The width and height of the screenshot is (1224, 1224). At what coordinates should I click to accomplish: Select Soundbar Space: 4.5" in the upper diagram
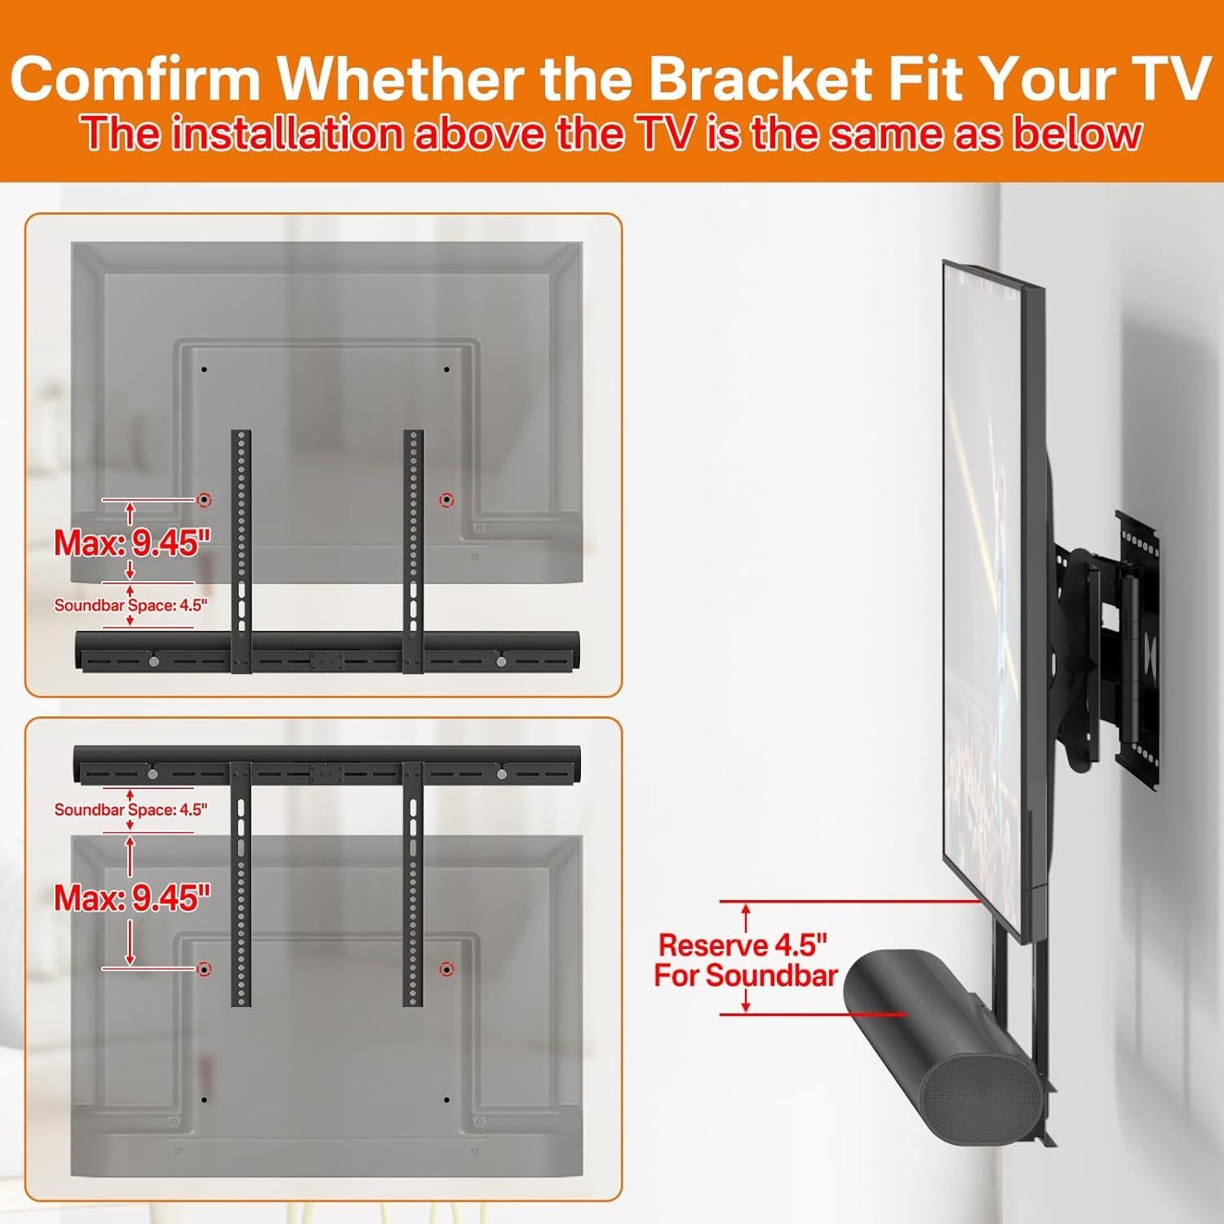131,605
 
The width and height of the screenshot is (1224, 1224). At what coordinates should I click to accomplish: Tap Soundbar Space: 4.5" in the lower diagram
131,809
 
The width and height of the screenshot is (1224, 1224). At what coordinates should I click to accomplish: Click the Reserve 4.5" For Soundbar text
745,960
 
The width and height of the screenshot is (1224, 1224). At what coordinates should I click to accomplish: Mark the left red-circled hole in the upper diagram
205,499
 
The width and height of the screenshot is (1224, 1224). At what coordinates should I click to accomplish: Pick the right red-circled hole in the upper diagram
446,499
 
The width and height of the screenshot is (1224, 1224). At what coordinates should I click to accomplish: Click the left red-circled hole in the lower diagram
205,969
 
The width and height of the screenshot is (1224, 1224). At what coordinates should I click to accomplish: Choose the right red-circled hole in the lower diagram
446,969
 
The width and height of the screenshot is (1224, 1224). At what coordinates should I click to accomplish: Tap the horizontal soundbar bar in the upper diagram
326,651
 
